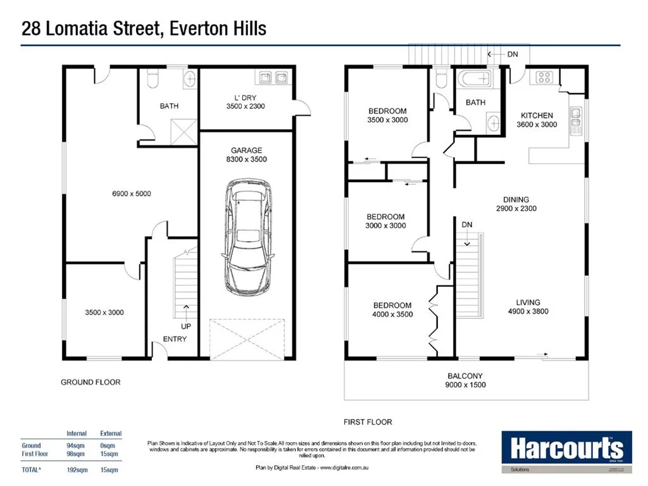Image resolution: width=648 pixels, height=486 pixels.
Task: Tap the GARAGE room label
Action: (x=246, y=151)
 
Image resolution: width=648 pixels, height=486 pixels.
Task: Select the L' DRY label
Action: (x=245, y=97)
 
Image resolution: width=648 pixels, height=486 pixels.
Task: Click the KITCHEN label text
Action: (x=537, y=116)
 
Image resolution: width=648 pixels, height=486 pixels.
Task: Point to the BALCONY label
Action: (x=465, y=376)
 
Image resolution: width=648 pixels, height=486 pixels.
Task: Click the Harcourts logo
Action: (x=566, y=450)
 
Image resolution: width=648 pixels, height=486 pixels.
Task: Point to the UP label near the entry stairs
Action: (x=186, y=327)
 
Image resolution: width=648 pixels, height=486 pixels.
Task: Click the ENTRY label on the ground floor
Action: (x=175, y=339)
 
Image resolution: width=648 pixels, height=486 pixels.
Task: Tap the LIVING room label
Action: (x=528, y=302)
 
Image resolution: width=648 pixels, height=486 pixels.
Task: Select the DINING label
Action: (x=516, y=200)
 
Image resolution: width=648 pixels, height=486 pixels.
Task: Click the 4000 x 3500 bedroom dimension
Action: (x=392, y=315)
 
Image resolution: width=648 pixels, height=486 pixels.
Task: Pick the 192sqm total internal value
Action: (x=77, y=470)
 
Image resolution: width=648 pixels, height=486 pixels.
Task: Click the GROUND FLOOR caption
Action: (x=90, y=382)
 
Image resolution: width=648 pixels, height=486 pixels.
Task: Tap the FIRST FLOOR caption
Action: (x=367, y=422)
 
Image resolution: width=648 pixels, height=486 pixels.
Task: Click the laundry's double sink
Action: (x=272, y=78)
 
